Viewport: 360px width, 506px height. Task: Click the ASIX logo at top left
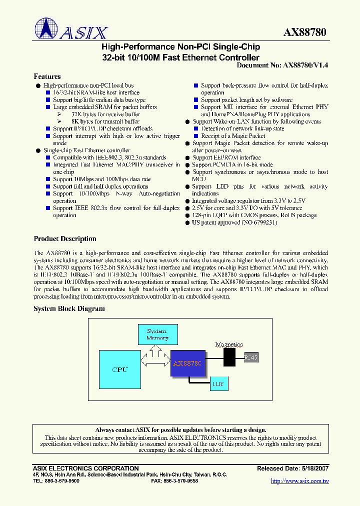point(71,29)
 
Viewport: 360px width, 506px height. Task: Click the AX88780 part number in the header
point(304,32)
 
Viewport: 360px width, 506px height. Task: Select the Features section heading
point(47,76)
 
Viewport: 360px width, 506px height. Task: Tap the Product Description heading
point(65,238)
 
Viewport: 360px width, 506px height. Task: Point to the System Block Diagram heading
point(69,308)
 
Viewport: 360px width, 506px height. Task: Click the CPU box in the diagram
point(120,369)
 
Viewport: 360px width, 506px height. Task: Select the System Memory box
point(157,334)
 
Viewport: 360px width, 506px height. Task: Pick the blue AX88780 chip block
point(187,363)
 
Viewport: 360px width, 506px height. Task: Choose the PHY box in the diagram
point(218,383)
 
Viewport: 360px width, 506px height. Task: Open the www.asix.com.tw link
point(299,481)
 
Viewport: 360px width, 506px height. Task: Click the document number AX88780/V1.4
point(305,65)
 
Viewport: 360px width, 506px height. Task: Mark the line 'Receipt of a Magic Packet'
point(233,136)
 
